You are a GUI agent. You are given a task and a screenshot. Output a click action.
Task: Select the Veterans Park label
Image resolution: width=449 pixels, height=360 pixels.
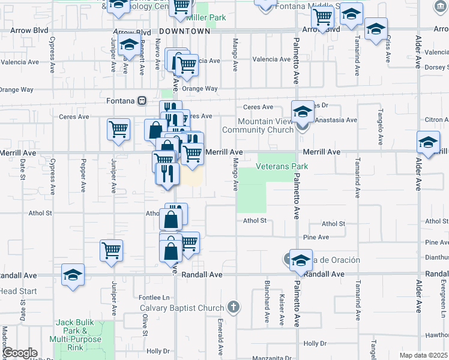click(282, 166)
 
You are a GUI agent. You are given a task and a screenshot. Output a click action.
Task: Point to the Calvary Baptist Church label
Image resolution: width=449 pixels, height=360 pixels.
click(182, 308)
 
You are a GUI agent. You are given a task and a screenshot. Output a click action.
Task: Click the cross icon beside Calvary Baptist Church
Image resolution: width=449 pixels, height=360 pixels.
click(233, 308)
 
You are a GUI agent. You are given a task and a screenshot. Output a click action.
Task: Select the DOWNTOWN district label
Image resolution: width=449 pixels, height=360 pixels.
click(185, 31)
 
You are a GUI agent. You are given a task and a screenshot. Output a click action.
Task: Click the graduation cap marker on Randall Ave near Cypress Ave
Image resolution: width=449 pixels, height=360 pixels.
click(73, 275)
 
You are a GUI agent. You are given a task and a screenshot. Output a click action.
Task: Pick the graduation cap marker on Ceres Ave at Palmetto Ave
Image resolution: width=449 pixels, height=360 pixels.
click(303, 112)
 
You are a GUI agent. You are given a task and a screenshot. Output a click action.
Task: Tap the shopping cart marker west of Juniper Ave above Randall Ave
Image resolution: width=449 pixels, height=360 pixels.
click(112, 250)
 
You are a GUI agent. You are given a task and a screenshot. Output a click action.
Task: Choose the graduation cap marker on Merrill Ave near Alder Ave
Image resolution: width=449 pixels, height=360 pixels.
click(427, 143)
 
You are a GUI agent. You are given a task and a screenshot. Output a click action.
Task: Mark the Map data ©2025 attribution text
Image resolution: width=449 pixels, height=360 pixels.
click(423, 355)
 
